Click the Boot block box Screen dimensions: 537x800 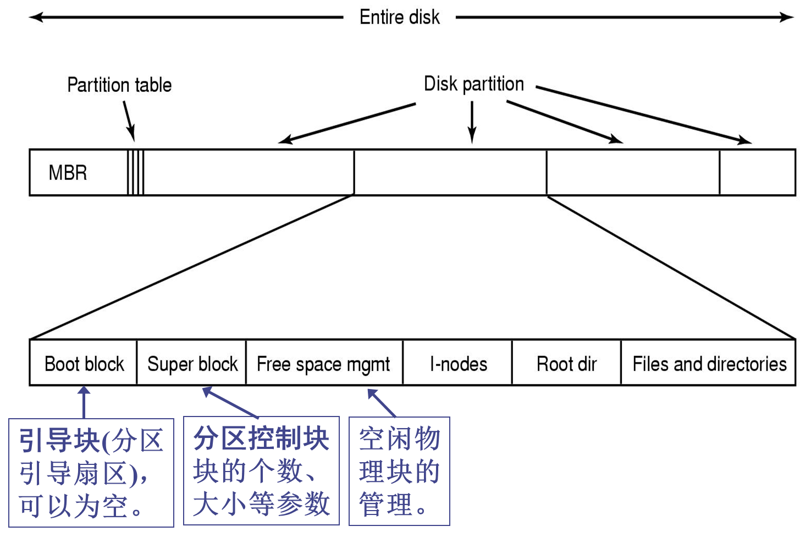84,364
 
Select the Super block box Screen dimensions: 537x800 192,364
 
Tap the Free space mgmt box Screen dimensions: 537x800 324,364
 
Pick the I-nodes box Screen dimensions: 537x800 458,364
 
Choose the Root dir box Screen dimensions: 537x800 566,364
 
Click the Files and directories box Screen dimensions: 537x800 709,364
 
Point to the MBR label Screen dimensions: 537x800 68,173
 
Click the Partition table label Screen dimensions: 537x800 119,85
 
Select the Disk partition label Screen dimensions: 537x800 473,84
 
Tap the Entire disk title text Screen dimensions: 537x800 400,17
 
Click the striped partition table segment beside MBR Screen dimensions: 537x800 136,172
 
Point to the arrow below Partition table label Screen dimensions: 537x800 129,121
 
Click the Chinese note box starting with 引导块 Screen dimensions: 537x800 91,473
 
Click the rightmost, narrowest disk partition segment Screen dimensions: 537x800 757,172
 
